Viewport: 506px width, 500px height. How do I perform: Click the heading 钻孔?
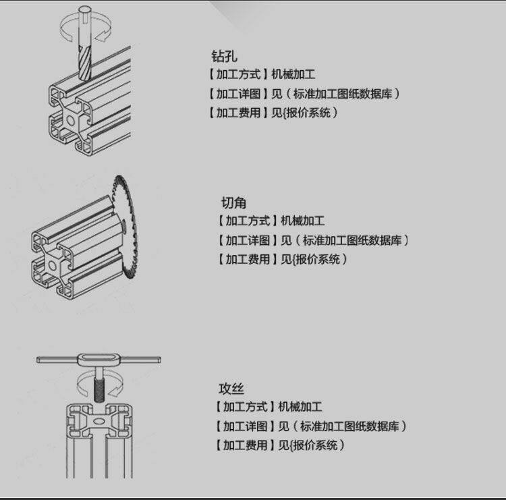pyautogui.click(x=225, y=56)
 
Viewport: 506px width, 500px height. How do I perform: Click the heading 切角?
pyautogui.click(x=233, y=202)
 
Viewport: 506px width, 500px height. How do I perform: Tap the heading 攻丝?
pyautogui.click(x=231, y=389)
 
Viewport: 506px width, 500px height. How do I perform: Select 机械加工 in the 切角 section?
pyautogui.click(x=302, y=221)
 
